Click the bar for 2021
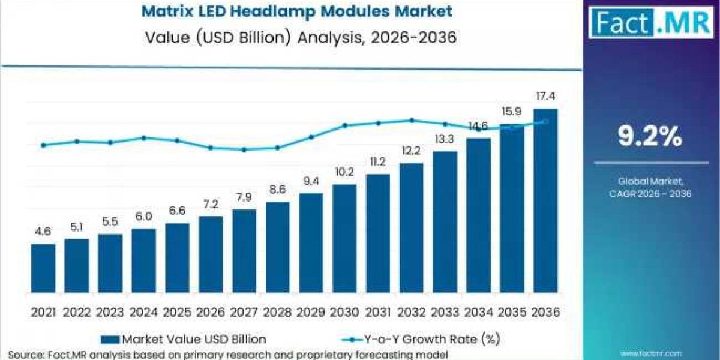43,268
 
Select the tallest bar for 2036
545,201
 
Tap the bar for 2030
344,239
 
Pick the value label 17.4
545,96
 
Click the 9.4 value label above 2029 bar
311,181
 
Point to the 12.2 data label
412,151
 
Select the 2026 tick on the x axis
211,312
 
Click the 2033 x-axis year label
445,312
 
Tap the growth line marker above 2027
244,149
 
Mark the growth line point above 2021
43,145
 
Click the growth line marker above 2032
412,120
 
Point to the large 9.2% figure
650,137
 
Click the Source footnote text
228,355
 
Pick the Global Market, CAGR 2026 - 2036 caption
650,187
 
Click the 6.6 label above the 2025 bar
177,211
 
